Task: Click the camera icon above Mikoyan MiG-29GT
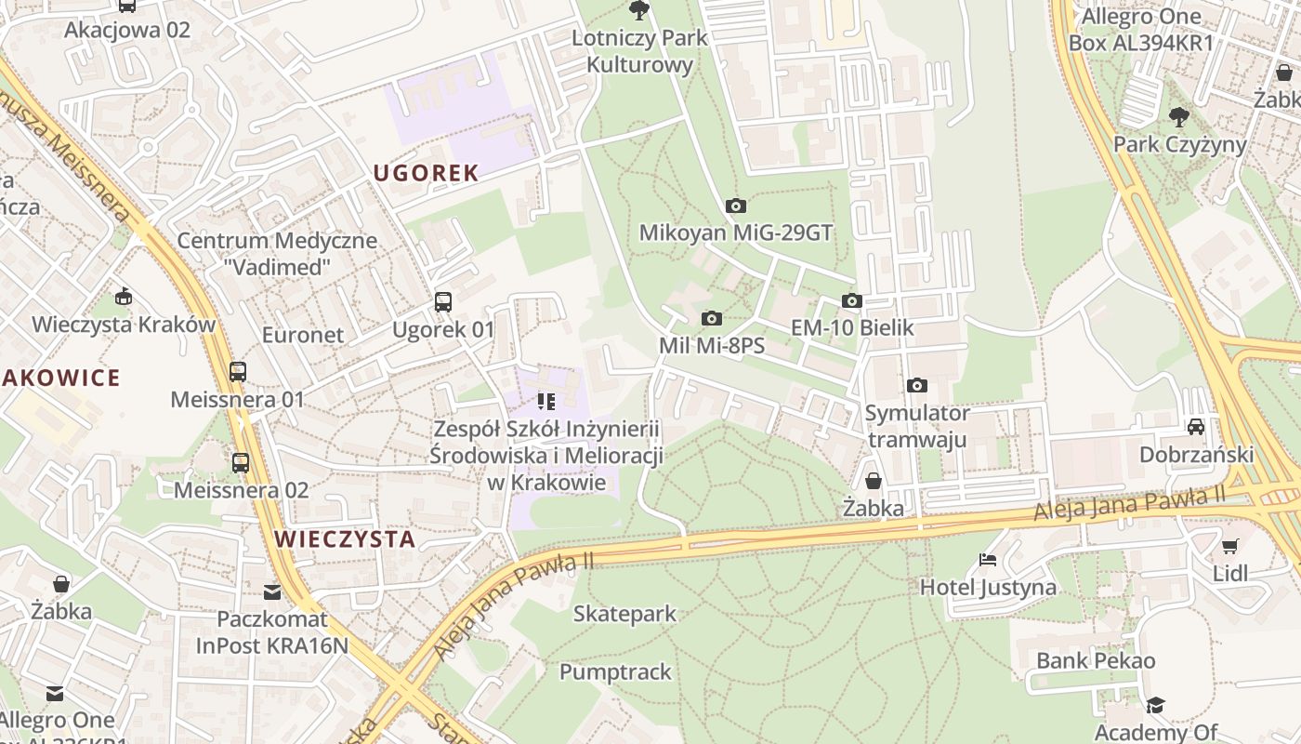pos(736,206)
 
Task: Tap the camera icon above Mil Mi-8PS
pos(712,319)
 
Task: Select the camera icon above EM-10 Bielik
pos(852,300)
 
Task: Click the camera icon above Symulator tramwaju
pos(917,385)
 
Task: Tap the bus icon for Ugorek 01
pos(443,302)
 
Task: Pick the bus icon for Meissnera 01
pos(238,372)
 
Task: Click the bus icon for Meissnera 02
pos(241,462)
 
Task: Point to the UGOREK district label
pos(426,173)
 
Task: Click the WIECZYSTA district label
pos(345,539)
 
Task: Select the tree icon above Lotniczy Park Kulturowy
pos(638,11)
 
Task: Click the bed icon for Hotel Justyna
pos(988,560)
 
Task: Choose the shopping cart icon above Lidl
pos(1230,546)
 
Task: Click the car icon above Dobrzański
pos(1196,427)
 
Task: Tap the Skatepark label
pos(624,614)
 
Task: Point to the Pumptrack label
pos(615,671)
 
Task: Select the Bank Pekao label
pos(1096,661)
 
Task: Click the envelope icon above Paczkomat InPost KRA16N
pos(271,591)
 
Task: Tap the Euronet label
pos(303,335)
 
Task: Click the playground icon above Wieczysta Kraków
pos(123,298)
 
